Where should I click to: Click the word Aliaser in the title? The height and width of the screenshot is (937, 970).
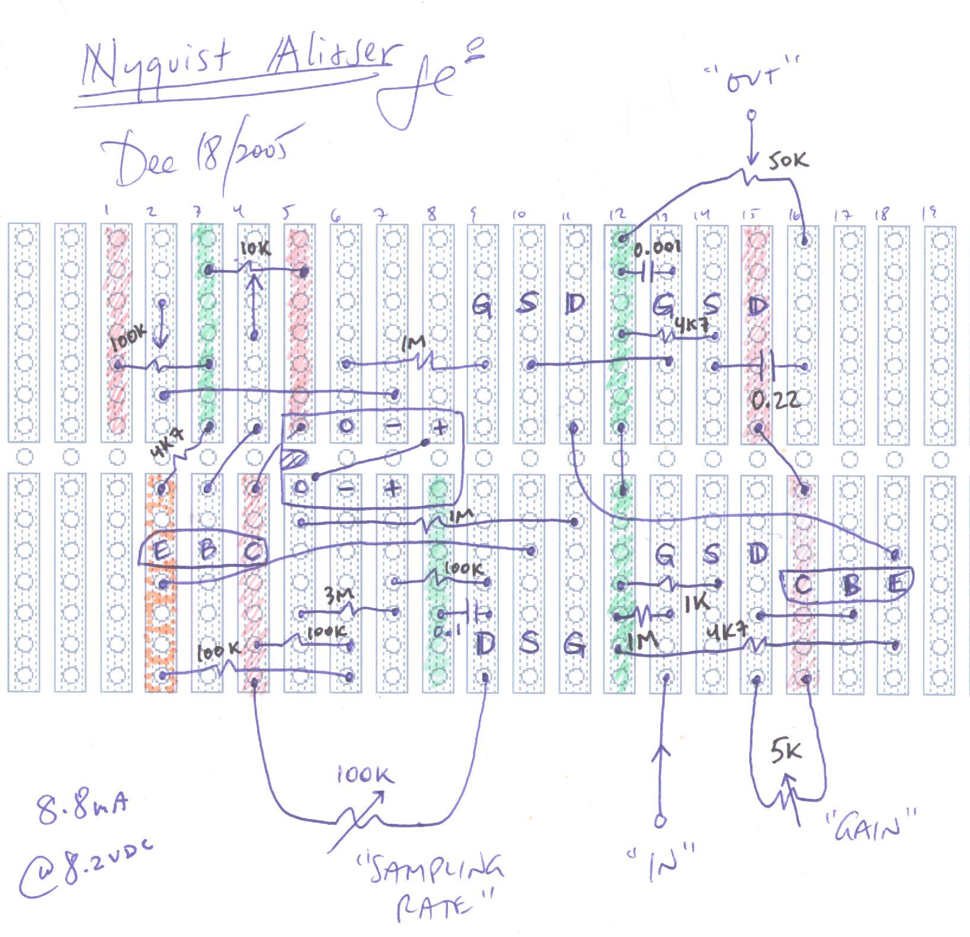(332, 56)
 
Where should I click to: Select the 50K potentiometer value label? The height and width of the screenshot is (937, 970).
(787, 161)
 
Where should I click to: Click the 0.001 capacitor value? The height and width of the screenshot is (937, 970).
(657, 248)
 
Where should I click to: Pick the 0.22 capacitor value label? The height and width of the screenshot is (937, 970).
(776, 402)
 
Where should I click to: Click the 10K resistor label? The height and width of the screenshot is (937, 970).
(255, 250)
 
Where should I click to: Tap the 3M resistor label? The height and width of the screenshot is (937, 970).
(337, 594)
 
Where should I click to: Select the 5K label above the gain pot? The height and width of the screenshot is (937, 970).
(786, 751)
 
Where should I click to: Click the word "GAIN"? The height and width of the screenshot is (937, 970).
(870, 827)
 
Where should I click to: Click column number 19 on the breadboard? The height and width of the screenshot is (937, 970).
(931, 212)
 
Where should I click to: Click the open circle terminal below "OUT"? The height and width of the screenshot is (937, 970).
(751, 114)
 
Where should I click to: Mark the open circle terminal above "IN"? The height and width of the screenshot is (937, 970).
(660, 821)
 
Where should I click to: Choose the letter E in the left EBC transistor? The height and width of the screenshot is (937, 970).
(161, 551)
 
